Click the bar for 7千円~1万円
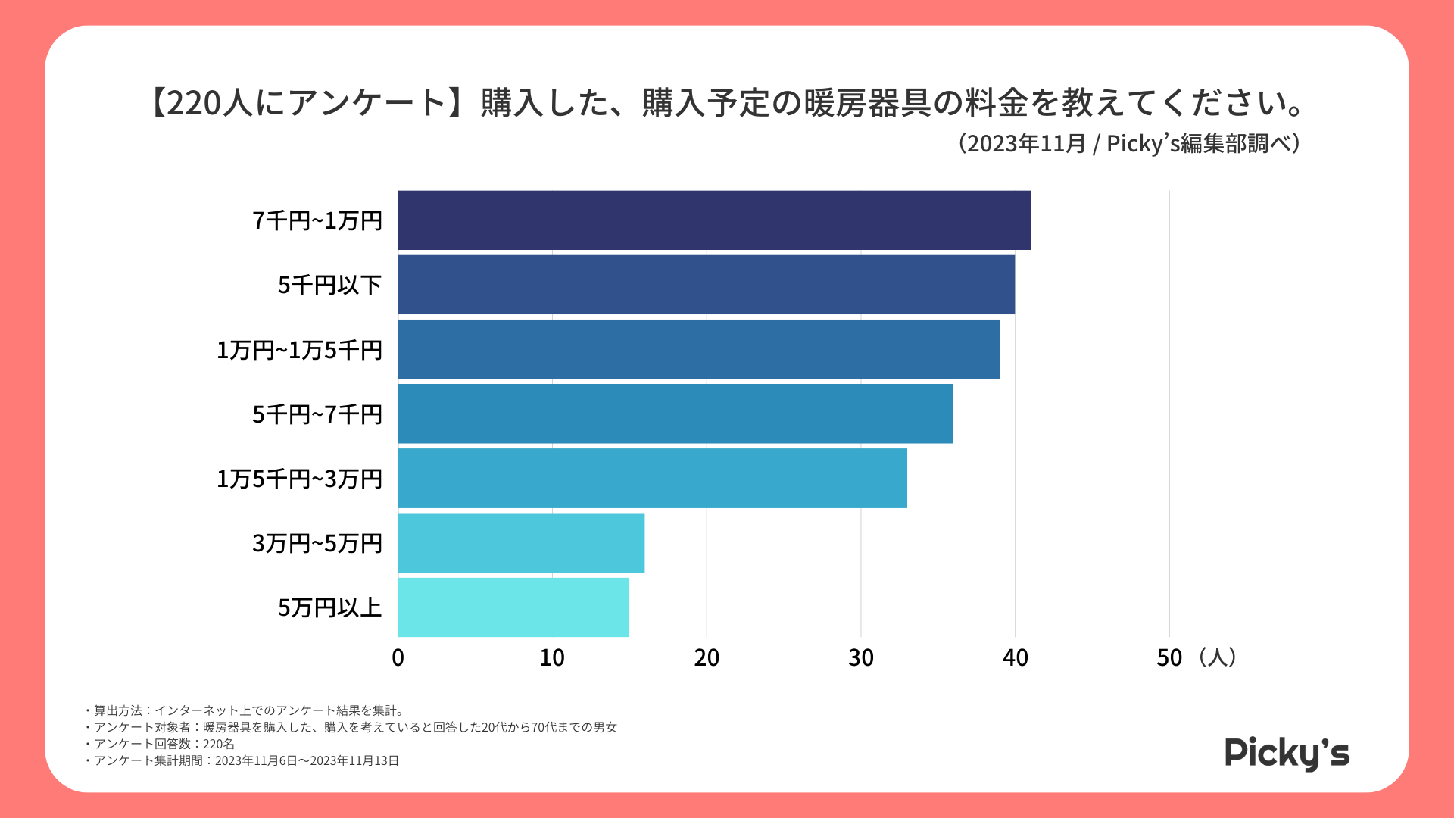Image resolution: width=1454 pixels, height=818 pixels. (x=713, y=220)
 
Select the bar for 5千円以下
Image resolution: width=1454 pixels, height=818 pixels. (x=706, y=285)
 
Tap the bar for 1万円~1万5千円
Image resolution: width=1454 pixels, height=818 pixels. (x=698, y=349)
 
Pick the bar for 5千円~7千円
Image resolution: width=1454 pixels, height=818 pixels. (x=676, y=414)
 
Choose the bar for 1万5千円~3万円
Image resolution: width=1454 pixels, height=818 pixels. (x=652, y=478)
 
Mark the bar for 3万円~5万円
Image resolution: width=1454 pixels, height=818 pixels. (x=521, y=543)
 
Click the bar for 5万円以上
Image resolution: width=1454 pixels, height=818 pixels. (x=513, y=607)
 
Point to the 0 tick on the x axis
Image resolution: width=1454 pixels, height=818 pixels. (x=398, y=657)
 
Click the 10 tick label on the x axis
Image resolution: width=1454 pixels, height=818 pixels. (x=552, y=657)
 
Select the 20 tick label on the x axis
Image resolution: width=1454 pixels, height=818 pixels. (x=707, y=657)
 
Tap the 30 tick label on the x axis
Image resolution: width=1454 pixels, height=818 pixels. (x=861, y=657)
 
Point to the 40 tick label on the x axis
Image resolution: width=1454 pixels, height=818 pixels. (x=1016, y=657)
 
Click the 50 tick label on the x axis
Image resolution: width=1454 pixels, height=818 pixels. (x=1169, y=657)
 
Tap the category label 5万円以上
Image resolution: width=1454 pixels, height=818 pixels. (x=329, y=607)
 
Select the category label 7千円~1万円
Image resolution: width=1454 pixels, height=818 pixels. (x=317, y=220)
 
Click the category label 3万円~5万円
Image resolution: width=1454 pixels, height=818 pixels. (x=317, y=543)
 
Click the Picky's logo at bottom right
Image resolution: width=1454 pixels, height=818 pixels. (x=1287, y=753)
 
